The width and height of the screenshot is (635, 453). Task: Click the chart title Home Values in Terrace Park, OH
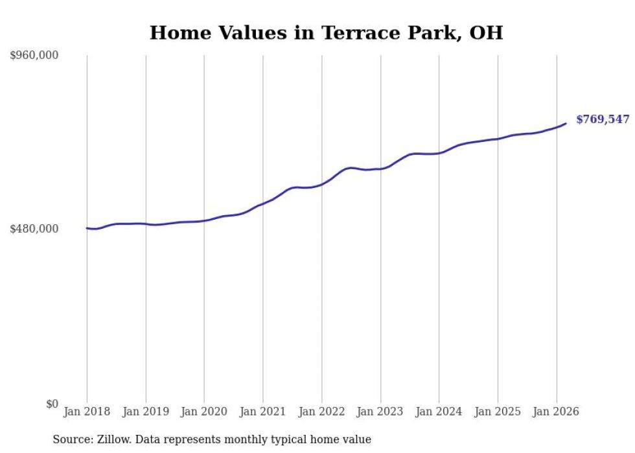pos(326,32)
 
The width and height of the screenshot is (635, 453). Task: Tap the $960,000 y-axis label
pos(34,56)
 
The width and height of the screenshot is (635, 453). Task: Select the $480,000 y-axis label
pos(34,228)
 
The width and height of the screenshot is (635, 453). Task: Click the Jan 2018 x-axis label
pos(87,412)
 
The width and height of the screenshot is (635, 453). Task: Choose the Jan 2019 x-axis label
pos(146,412)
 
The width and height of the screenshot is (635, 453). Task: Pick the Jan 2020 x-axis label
pos(204,412)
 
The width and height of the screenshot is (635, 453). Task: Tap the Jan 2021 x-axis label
pos(263,412)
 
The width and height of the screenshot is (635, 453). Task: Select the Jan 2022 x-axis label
pos(321,412)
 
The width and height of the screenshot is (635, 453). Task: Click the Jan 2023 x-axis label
pos(380,412)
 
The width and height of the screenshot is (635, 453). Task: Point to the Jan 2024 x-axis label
pos(439,412)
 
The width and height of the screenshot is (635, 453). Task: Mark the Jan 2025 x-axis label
pos(498,412)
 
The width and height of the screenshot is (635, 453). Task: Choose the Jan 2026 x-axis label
pos(556,412)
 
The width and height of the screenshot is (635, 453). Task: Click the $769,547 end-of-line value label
pos(603,120)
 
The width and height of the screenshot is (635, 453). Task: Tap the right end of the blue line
pos(566,123)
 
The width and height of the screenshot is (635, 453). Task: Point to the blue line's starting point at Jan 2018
pos(87,228)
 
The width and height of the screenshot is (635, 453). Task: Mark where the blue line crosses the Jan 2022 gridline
pos(321,184)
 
